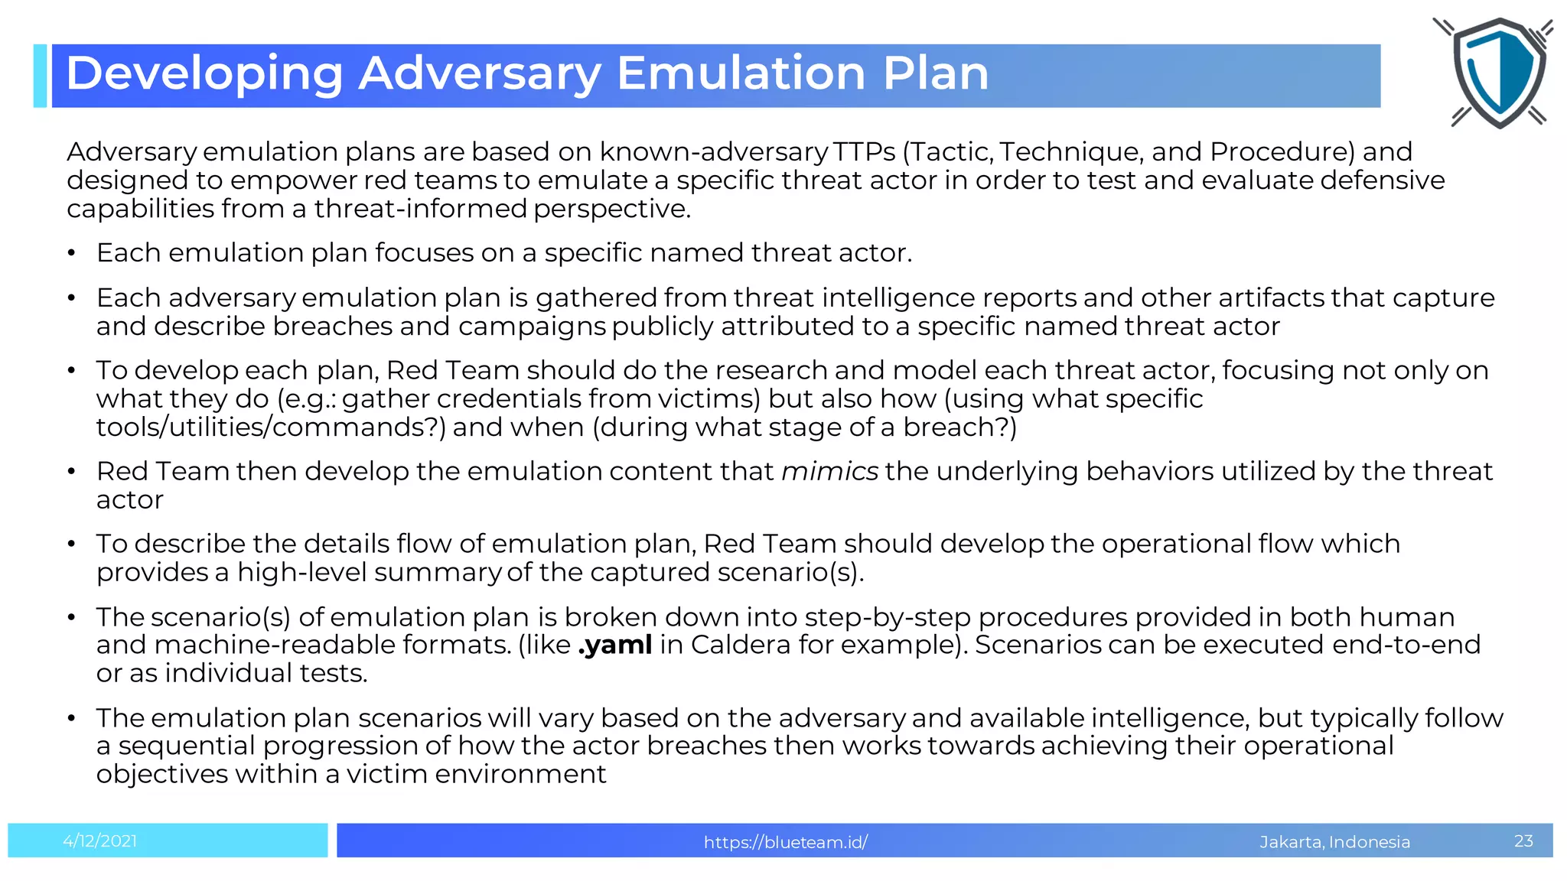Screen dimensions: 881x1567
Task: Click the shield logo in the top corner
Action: click(x=1498, y=73)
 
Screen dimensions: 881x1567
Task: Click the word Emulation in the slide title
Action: click(x=741, y=73)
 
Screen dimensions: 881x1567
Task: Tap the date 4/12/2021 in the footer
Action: click(x=100, y=841)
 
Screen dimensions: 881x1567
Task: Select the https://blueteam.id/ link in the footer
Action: click(x=786, y=842)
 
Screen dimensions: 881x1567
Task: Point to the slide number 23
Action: click(x=1523, y=841)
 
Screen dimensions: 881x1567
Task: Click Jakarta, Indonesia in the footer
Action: click(x=1334, y=842)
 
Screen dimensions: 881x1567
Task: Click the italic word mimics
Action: click(x=830, y=471)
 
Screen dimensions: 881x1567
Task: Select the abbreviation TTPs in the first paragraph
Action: click(x=864, y=151)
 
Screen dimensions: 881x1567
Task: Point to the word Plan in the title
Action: click(x=935, y=73)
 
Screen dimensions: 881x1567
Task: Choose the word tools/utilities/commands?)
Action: click(x=271, y=427)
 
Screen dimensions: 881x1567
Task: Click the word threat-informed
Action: click(x=421, y=208)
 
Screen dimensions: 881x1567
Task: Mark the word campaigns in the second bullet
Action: click(x=532, y=326)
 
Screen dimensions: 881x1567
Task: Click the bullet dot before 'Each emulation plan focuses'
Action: click(x=71, y=253)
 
